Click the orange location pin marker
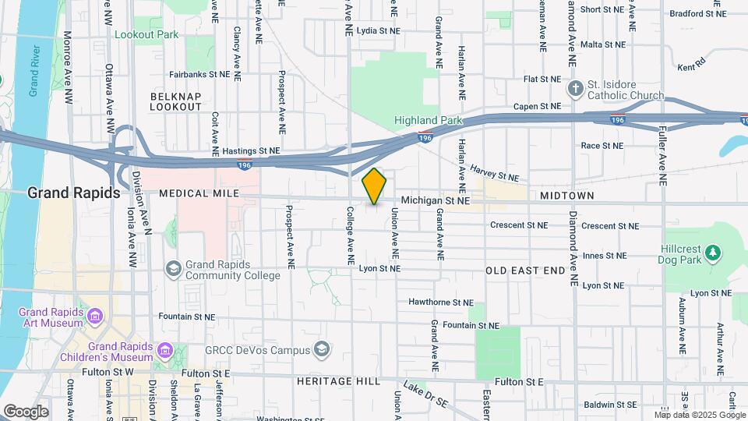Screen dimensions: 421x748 click(x=375, y=186)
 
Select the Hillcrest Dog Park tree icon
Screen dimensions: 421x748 click(x=711, y=252)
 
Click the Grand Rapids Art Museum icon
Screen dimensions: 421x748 click(x=95, y=317)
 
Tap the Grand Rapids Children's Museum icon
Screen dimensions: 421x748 click(x=164, y=350)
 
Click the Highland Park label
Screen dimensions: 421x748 click(x=428, y=120)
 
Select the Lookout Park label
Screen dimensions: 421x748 click(x=146, y=34)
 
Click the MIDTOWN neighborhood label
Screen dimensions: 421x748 click(x=566, y=196)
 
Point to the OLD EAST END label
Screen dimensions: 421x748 click(x=525, y=271)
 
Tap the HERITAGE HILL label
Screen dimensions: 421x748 click(x=338, y=381)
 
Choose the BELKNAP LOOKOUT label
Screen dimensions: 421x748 click(x=170, y=101)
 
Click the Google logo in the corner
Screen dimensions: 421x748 click(x=26, y=411)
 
